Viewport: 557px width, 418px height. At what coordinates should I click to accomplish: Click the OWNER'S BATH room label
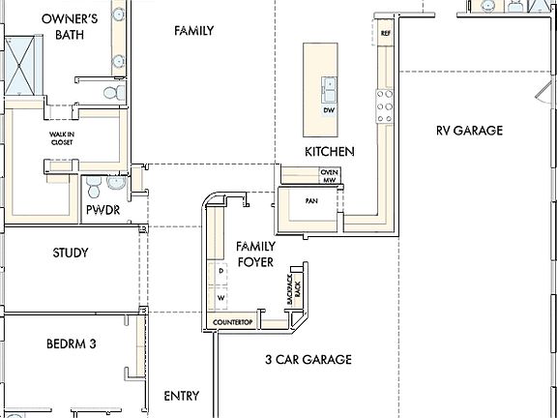point(71,26)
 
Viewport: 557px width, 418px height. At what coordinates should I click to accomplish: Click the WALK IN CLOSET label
point(62,138)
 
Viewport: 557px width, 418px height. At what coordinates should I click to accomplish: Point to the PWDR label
point(103,208)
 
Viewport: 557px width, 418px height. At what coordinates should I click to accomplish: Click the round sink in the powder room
point(116,181)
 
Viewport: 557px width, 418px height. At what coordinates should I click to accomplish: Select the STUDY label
point(71,254)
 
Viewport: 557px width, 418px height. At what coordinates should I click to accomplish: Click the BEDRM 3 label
point(71,343)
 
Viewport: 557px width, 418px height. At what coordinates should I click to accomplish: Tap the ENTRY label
point(182,396)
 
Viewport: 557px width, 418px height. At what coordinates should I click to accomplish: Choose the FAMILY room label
point(193,31)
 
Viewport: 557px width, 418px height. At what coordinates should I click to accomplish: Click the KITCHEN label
point(329,152)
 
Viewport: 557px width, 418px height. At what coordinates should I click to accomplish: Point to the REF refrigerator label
point(385,34)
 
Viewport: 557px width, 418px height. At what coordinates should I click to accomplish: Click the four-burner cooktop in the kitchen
point(384,100)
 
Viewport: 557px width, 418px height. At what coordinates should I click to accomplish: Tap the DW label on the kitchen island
point(329,109)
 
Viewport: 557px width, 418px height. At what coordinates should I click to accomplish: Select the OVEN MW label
point(329,175)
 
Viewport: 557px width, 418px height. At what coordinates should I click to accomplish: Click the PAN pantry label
point(311,201)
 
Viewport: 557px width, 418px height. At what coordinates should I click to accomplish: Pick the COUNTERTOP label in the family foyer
point(232,321)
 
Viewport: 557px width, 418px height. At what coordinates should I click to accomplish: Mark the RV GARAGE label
point(469,131)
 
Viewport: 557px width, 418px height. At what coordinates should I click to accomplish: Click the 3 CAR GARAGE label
point(308,359)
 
